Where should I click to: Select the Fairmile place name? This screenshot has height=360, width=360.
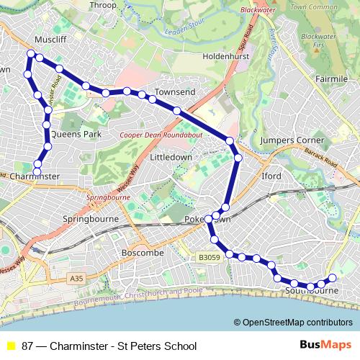[331, 78]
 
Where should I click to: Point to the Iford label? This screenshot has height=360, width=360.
[272, 175]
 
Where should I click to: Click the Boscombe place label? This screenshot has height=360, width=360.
[143, 253]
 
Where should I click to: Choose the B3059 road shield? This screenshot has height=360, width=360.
[208, 256]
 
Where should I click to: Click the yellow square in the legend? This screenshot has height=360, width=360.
[10, 346]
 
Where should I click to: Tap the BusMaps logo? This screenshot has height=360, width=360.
[326, 345]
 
